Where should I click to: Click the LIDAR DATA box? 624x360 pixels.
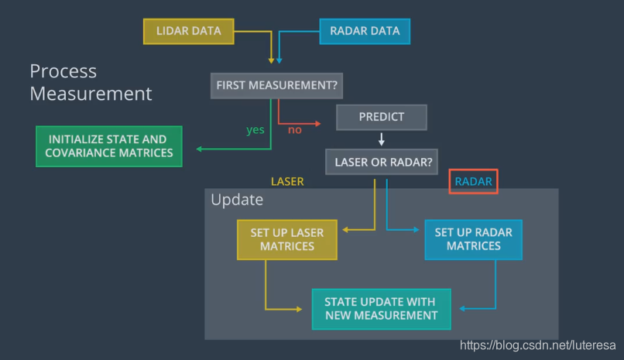189,32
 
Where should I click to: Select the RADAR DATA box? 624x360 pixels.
365,32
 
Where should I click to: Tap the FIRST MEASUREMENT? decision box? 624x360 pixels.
276,85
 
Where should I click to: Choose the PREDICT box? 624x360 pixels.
381,118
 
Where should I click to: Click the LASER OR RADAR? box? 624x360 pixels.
382,162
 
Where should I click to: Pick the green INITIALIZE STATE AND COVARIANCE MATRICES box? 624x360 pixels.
109,146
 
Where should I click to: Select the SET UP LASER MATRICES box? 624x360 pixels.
287,240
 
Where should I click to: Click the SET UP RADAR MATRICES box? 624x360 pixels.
474,239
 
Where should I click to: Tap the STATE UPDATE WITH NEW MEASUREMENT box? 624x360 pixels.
381,309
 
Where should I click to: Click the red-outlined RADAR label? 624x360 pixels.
473,181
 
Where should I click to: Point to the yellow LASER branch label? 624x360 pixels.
287,182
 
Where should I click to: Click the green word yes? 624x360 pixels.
255,130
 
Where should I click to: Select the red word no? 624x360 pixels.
295,130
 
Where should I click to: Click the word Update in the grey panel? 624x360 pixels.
237,200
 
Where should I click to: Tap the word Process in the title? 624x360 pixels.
63,71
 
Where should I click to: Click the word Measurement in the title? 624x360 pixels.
91,94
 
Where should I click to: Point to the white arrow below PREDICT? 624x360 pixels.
381,139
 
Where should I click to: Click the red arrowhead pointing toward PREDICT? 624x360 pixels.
318,124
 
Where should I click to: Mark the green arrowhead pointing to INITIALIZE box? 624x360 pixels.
199,149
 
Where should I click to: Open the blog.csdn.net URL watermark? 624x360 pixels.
537,345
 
